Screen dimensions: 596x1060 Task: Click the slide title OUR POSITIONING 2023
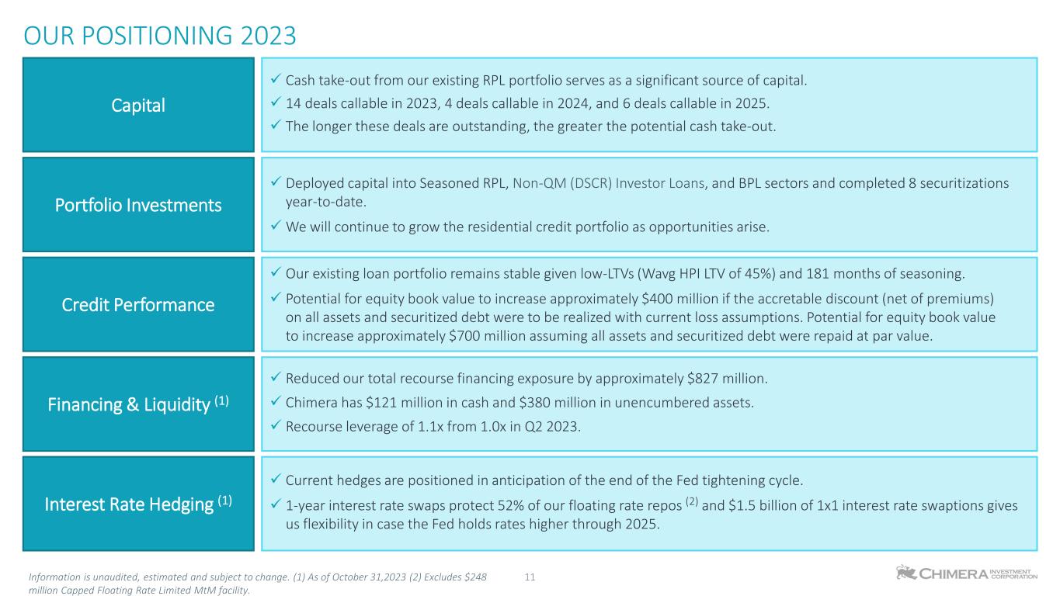160,36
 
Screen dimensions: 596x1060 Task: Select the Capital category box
139,105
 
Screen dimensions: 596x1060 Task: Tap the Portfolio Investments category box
139,205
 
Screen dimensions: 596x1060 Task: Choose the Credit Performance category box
139,304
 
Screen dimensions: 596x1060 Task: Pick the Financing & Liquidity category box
139,404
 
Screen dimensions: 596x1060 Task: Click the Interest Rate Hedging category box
139,504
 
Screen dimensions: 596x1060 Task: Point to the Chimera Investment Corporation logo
966,573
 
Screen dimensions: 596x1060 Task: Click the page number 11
531,577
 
